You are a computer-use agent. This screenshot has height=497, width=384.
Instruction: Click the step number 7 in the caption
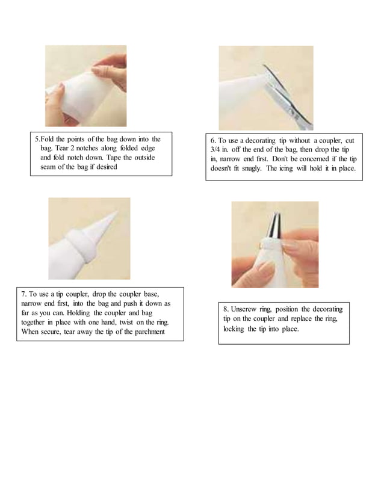23,294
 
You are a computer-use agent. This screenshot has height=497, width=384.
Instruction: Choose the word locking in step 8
234,330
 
